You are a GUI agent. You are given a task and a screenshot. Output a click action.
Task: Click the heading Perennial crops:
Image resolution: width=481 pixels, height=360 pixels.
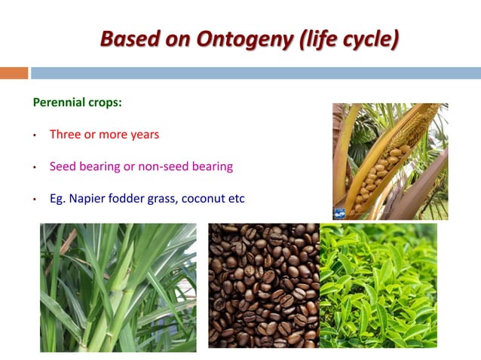click(x=77, y=102)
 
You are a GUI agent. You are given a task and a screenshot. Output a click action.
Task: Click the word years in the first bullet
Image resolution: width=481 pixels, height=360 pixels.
click(x=143, y=135)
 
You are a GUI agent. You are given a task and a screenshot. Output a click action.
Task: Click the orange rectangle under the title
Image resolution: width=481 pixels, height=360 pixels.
click(x=14, y=73)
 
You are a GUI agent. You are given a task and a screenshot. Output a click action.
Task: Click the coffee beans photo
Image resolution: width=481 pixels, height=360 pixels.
click(x=263, y=285)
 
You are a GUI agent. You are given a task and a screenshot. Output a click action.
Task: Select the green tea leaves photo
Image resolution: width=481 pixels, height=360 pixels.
click(x=378, y=285)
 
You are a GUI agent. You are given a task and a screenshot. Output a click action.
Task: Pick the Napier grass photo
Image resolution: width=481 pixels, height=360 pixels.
click(x=118, y=288)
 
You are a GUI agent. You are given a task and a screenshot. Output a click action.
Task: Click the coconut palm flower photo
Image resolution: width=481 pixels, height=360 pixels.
click(x=391, y=161)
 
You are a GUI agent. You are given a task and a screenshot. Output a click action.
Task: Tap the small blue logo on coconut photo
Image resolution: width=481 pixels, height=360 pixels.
click(x=340, y=213)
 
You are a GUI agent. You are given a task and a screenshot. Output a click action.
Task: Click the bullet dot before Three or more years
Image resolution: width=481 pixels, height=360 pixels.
click(x=35, y=136)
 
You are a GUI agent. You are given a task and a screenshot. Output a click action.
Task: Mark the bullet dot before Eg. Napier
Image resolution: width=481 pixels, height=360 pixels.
click(x=35, y=200)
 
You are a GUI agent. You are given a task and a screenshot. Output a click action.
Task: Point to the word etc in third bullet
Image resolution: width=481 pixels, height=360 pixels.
click(x=237, y=199)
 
